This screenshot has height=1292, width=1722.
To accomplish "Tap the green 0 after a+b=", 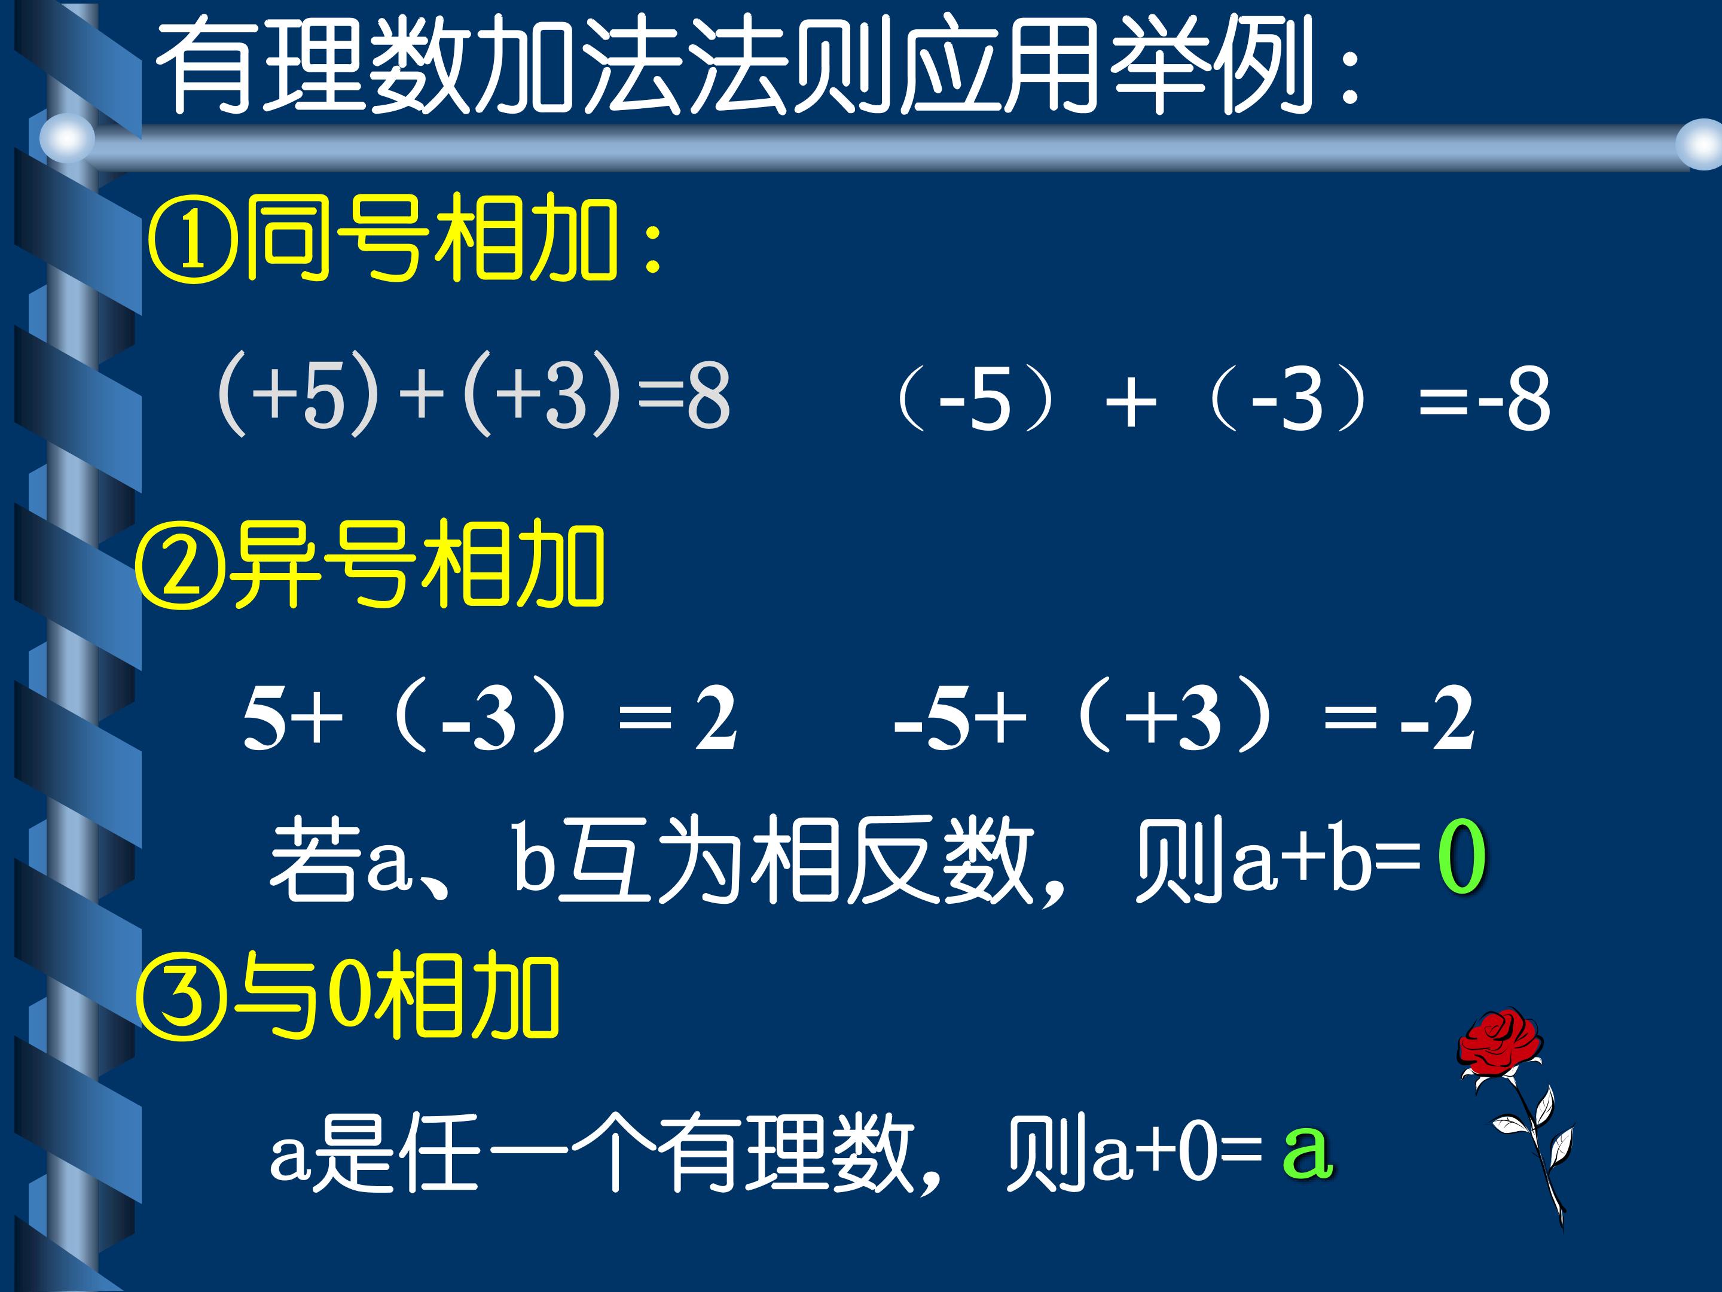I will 1461,858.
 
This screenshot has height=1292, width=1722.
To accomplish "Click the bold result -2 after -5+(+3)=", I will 1437,720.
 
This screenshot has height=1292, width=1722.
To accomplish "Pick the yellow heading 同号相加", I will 432,239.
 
